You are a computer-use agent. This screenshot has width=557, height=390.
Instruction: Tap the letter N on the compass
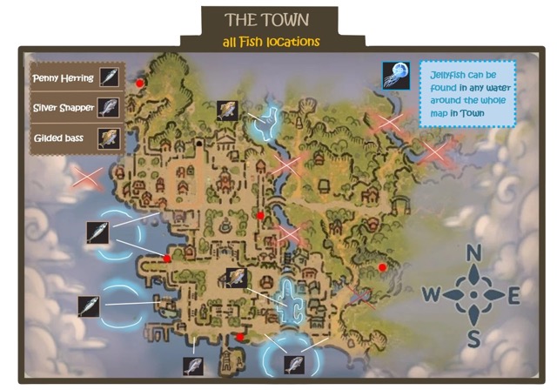(x=474, y=253)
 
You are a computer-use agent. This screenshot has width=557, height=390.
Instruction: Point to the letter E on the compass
(x=513, y=295)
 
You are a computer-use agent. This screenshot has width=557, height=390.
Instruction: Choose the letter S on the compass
(x=473, y=338)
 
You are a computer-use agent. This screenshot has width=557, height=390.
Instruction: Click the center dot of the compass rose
(x=473, y=295)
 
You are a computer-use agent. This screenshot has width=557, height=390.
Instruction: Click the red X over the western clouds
(x=86, y=179)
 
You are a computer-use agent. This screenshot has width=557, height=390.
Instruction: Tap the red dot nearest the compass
(x=382, y=266)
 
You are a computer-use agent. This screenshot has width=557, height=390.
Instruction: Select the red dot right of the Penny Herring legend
(x=139, y=84)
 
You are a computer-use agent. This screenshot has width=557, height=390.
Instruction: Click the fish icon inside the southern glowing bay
(x=292, y=362)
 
